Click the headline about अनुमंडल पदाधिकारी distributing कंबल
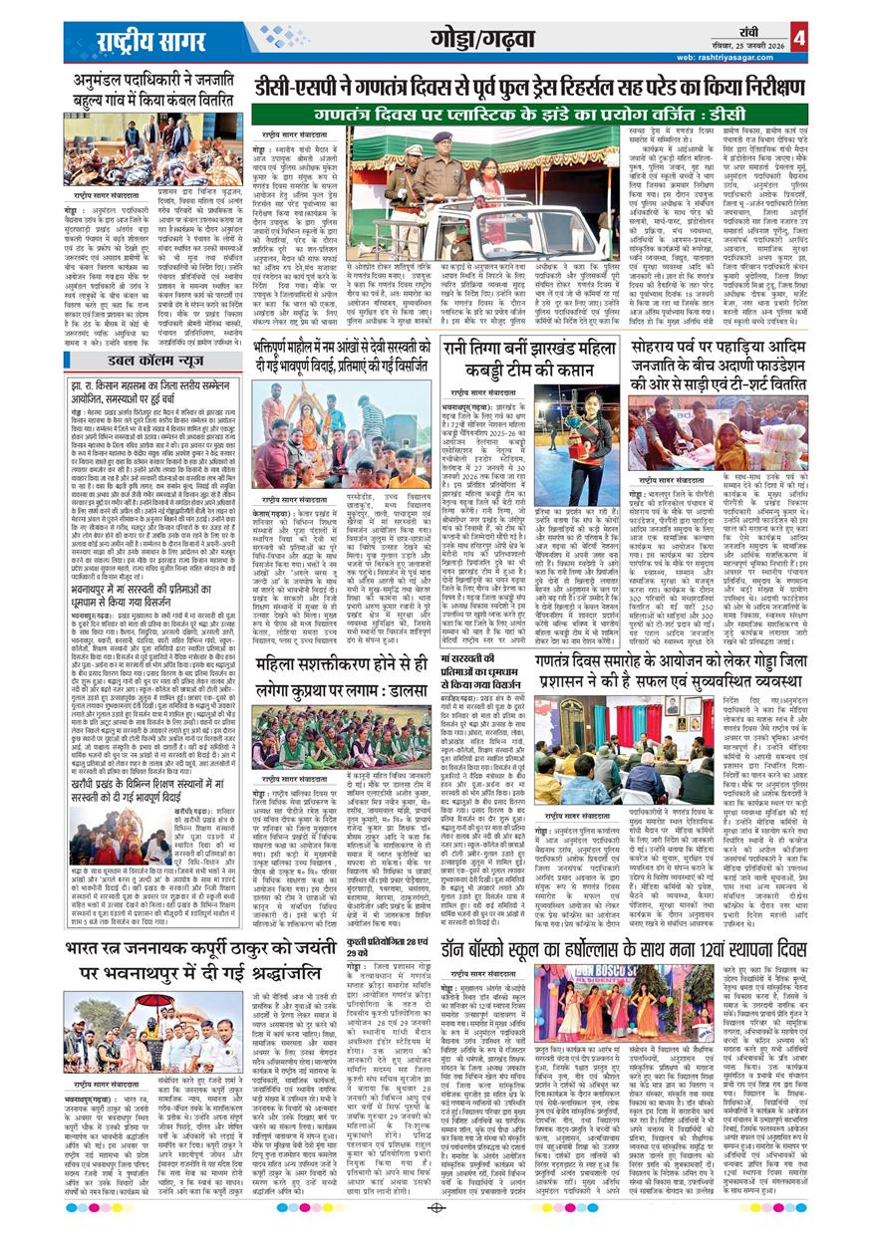157,90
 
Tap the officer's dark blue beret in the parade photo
442,136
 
